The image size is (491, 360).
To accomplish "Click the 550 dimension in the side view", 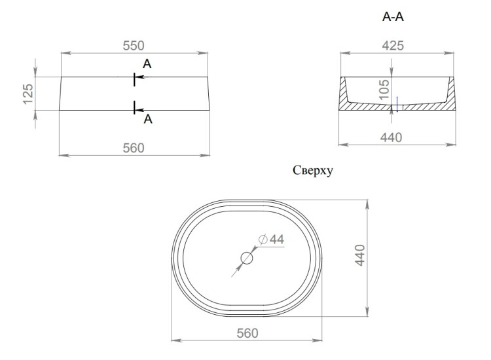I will click(133, 45).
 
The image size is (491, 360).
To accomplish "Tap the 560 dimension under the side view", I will click(134, 148).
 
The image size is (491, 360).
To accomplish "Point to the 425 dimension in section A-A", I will click(393, 45).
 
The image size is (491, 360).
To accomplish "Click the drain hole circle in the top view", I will click(246, 258).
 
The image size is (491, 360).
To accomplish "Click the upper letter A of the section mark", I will click(147, 63).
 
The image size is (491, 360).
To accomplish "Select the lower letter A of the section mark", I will click(148, 119).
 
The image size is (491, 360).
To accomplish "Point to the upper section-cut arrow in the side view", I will click(139, 78).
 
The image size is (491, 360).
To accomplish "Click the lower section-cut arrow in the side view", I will click(139, 109).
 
